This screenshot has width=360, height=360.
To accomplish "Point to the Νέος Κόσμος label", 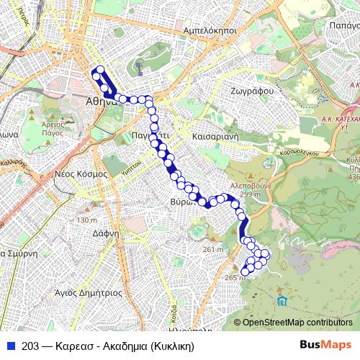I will [x=81, y=174].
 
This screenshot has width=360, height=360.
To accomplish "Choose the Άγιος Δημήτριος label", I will [x=91, y=293].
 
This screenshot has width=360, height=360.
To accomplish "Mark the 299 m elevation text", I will [x=251, y=194].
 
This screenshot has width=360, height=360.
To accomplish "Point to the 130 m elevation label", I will [x=86, y=220].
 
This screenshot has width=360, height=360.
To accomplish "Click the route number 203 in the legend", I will [x=30, y=345].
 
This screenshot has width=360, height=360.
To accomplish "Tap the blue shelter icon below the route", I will [x=281, y=299].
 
